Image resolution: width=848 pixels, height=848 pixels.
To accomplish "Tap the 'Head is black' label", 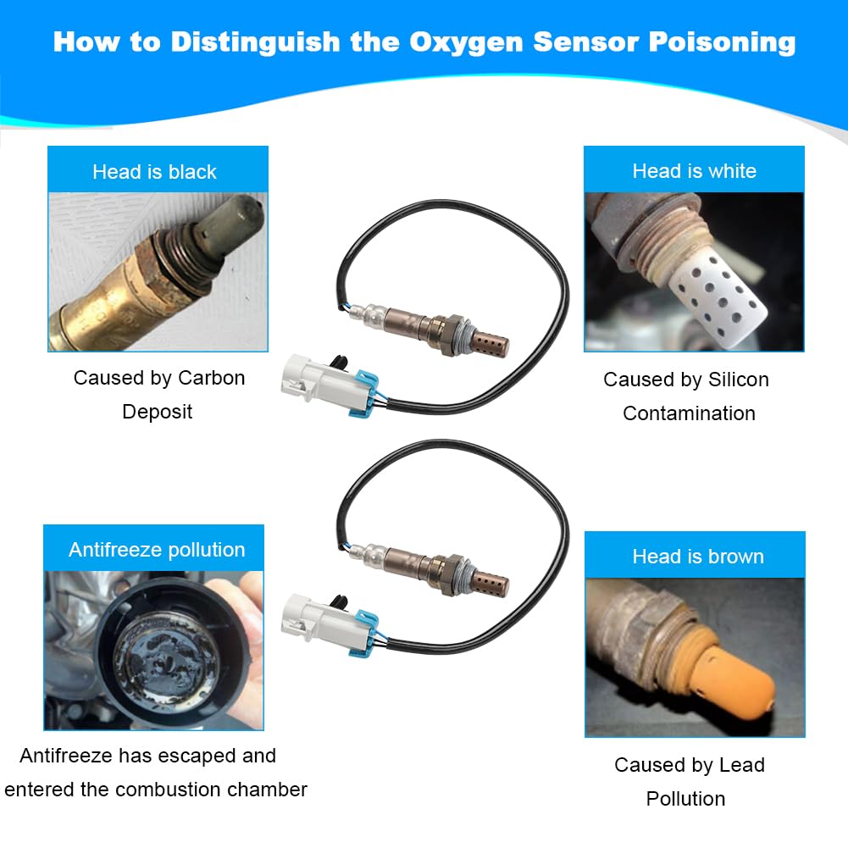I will click(x=154, y=172).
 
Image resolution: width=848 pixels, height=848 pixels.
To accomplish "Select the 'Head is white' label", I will click(x=694, y=171).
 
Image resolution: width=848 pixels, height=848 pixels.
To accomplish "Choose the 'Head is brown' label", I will click(x=697, y=557).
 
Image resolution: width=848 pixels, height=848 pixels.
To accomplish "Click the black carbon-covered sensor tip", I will click(x=229, y=220).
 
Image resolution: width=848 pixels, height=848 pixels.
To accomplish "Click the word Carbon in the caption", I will click(x=211, y=378).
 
